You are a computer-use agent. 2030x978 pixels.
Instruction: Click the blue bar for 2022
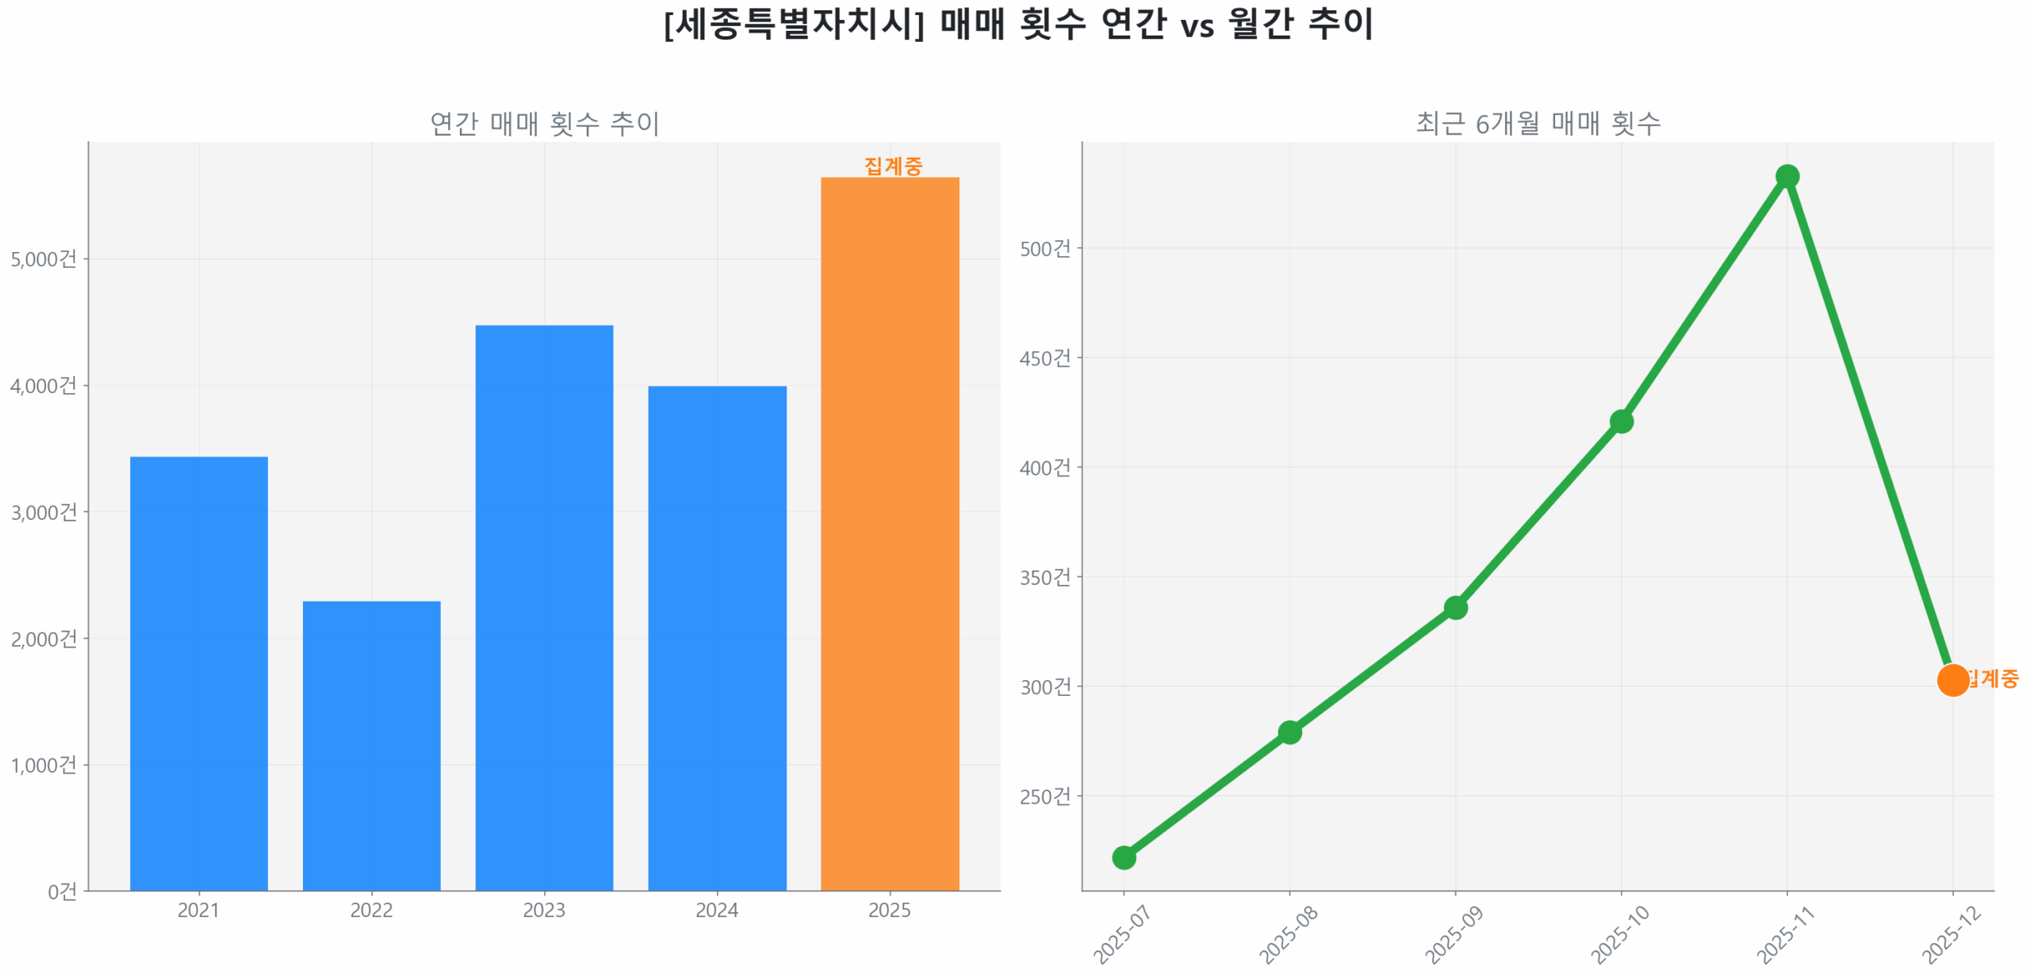371,745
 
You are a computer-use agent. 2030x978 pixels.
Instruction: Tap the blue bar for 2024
717,637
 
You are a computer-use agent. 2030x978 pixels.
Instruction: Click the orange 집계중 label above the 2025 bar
893,166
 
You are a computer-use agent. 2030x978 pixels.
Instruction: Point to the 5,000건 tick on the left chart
44,259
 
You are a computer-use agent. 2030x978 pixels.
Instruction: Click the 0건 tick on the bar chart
62,892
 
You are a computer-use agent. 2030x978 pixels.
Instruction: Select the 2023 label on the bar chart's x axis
544,910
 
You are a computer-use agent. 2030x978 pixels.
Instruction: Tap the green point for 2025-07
1124,858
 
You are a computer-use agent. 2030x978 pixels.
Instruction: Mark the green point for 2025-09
1455,608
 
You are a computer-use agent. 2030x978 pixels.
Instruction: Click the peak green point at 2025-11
1787,176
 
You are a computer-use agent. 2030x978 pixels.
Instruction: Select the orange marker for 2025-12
1952,680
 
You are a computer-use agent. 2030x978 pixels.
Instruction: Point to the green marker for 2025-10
1621,422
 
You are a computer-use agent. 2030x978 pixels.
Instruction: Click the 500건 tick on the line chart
1045,249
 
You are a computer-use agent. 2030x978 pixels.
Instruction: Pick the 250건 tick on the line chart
1045,797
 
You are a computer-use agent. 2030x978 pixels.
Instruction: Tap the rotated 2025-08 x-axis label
1288,935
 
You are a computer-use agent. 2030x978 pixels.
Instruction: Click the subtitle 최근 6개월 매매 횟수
1538,124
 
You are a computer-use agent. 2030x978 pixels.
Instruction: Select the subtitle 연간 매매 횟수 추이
545,124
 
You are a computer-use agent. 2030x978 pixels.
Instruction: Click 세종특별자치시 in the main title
793,24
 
